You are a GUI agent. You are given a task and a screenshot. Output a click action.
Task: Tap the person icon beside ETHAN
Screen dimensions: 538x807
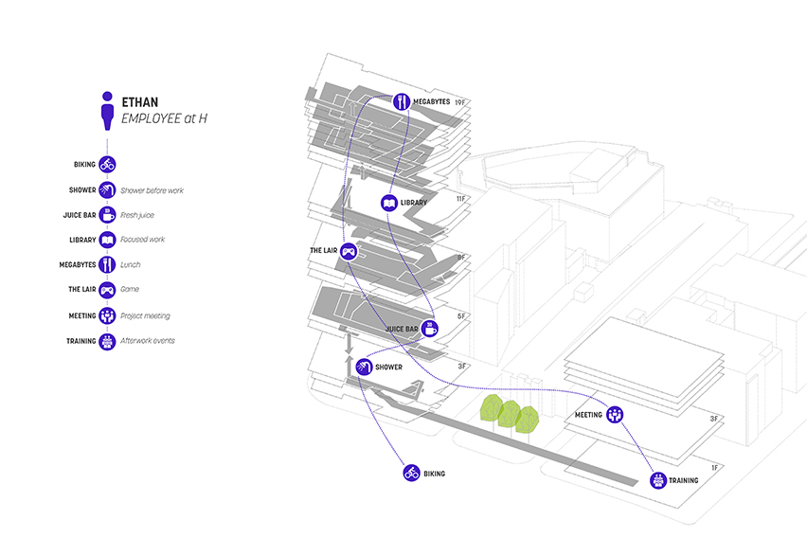[x=108, y=109]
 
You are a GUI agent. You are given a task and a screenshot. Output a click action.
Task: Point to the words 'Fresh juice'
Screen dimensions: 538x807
[x=138, y=215]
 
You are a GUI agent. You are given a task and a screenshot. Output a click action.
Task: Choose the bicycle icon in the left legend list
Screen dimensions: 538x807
[x=107, y=165]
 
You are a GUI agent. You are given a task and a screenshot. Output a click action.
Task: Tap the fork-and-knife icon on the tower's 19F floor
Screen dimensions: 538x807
[x=403, y=100]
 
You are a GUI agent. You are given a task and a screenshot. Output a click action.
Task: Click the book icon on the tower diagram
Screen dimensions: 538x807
[x=388, y=203]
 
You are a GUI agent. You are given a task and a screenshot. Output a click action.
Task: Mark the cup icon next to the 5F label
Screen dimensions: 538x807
[x=429, y=329]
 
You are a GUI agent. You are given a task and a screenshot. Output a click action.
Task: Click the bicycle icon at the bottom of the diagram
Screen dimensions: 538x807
[x=411, y=473]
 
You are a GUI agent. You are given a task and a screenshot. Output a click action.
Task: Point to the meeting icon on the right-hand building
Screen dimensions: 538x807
[x=615, y=414]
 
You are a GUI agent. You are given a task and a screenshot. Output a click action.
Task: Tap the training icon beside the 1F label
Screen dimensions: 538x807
[x=657, y=480]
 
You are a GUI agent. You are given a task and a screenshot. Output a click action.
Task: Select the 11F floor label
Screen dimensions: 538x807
[x=462, y=199]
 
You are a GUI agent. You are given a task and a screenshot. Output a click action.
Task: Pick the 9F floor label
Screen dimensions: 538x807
[x=461, y=257]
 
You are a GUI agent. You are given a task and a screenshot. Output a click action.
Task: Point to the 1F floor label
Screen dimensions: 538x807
[x=716, y=468]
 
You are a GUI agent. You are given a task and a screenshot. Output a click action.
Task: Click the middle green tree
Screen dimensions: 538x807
[x=510, y=414]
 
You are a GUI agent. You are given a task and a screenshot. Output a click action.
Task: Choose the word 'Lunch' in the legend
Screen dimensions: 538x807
[x=131, y=265]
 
